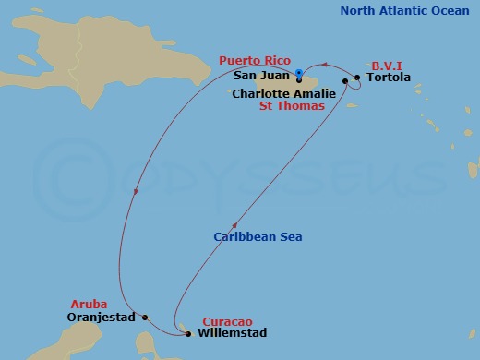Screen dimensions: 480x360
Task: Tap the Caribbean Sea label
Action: coord(258,237)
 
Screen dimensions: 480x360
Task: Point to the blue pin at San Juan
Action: coord(300,74)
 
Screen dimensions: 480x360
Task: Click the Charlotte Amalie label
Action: coord(284,93)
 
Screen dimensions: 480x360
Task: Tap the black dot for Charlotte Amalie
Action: coord(345,82)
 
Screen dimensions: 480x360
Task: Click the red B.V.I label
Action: coord(386,66)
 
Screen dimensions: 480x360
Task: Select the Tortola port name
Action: coord(388,78)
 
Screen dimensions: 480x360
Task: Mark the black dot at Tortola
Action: coord(357,78)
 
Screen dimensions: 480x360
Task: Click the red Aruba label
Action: coord(89,304)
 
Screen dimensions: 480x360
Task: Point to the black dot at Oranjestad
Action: coord(145,316)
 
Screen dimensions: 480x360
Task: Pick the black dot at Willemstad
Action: coord(188,333)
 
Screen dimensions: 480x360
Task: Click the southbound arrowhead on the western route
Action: coord(136,193)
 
